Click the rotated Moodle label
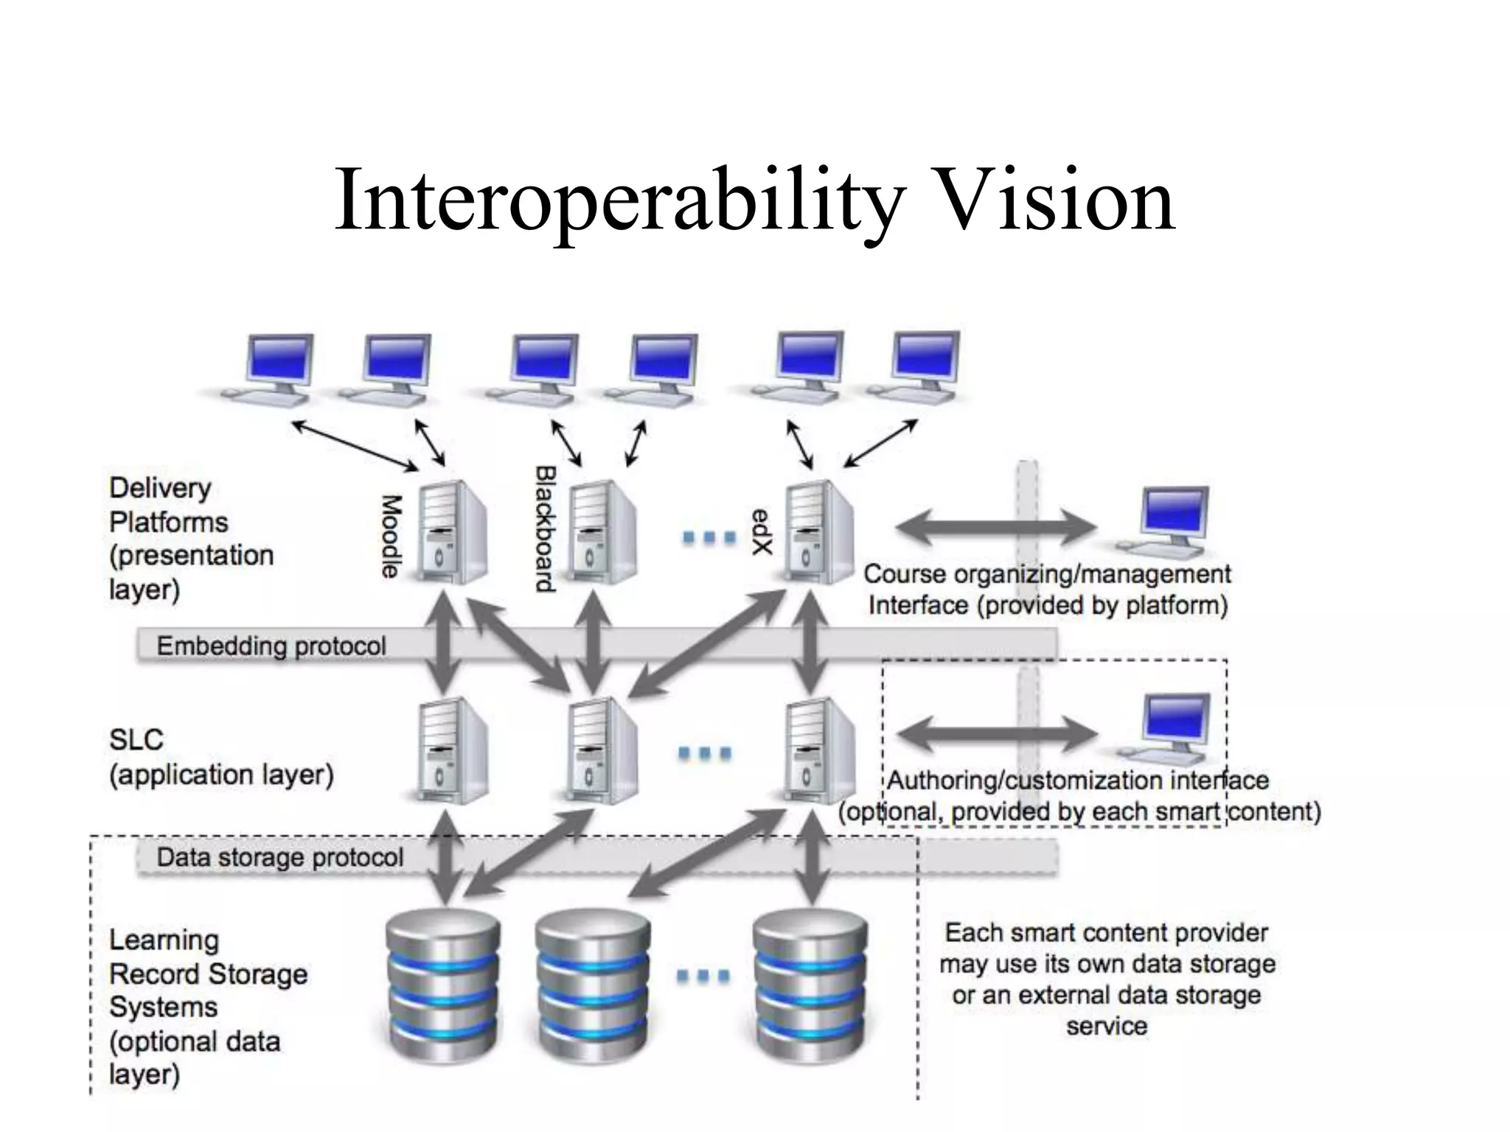click(x=391, y=536)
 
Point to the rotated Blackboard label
click(x=545, y=528)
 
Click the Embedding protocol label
click(x=271, y=646)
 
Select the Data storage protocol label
click(x=279, y=858)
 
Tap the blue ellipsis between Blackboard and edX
click(x=709, y=537)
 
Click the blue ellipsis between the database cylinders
click(x=703, y=976)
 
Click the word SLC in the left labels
click(x=136, y=739)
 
